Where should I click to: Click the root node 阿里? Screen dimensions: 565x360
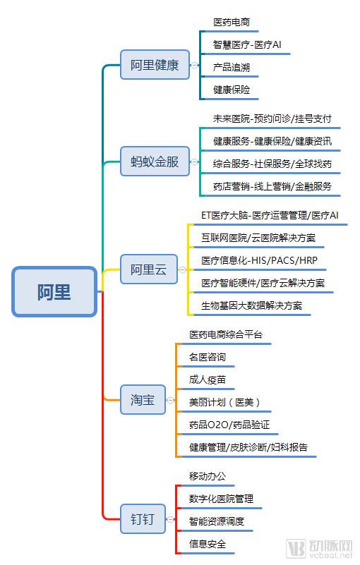click(x=54, y=291)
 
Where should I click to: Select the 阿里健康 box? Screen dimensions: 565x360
click(x=155, y=66)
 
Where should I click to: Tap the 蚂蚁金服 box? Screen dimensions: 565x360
click(x=155, y=162)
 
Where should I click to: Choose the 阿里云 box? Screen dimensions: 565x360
click(x=148, y=269)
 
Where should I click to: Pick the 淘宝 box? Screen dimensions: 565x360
click(x=142, y=400)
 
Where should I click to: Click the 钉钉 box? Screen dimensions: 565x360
click(x=142, y=520)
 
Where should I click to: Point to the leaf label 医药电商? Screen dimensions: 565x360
click(x=232, y=23)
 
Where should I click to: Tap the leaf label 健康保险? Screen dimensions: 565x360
click(x=232, y=90)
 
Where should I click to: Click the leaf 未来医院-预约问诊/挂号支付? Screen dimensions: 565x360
click(x=272, y=119)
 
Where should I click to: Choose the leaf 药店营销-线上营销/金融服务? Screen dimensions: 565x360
click(x=272, y=186)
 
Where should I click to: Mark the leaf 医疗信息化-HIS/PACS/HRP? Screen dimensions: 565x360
click(x=259, y=260)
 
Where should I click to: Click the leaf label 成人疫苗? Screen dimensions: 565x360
click(x=208, y=379)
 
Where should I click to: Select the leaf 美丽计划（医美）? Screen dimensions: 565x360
click(x=224, y=402)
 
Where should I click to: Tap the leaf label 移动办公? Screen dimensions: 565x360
click(x=208, y=476)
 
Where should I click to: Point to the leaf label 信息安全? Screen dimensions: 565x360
click(x=208, y=543)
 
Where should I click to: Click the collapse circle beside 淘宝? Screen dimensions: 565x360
click(x=170, y=400)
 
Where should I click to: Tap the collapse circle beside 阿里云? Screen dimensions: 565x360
click(x=183, y=269)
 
